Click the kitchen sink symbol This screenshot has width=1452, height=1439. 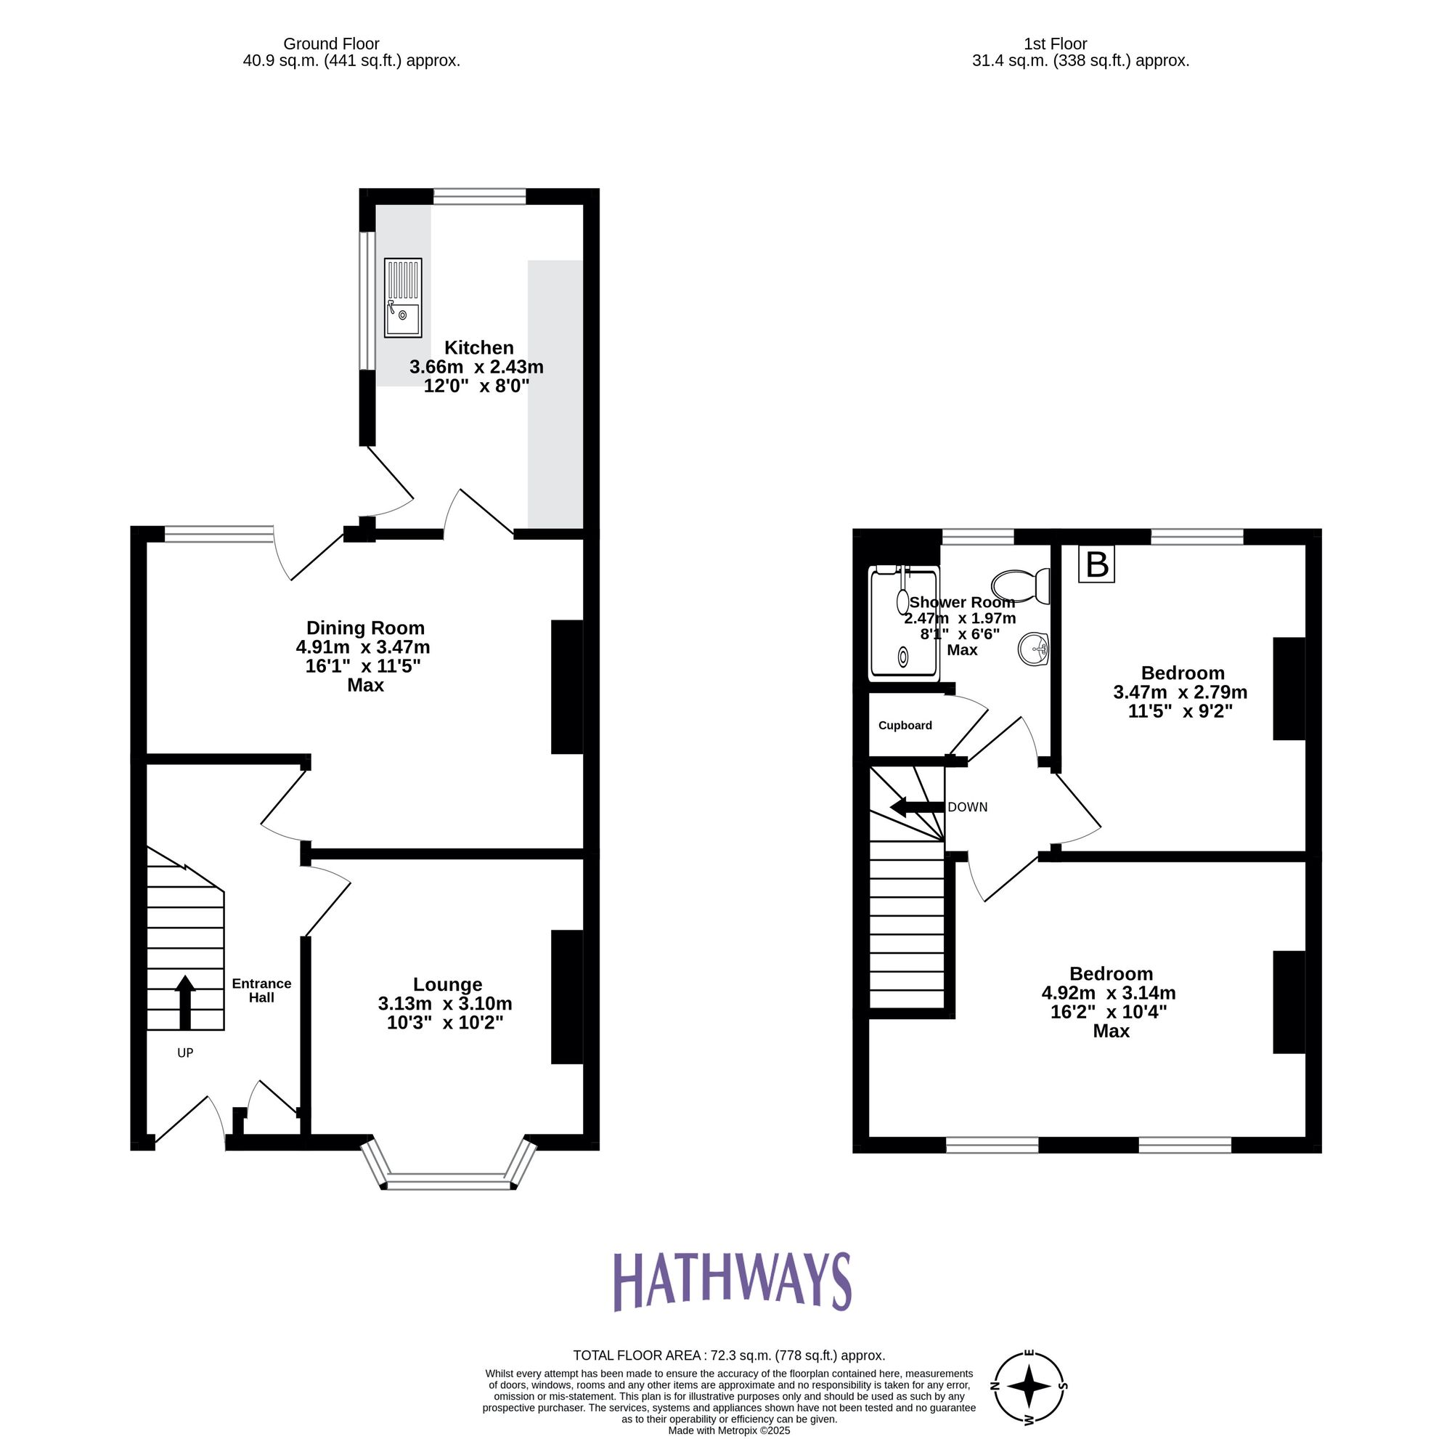pyautogui.click(x=403, y=298)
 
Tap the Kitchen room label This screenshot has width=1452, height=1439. pyautogui.click(x=478, y=347)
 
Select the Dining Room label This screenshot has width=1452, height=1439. pyautogui.click(x=365, y=628)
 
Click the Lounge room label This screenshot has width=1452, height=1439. pyautogui.click(x=447, y=984)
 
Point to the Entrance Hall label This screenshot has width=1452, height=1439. pyautogui.click(x=261, y=990)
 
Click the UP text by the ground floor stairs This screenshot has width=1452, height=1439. pyautogui.click(x=185, y=1053)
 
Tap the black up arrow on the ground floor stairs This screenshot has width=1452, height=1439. pyautogui.click(x=185, y=1002)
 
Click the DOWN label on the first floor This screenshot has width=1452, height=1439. pyautogui.click(x=967, y=808)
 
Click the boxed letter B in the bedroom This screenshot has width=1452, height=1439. pyautogui.click(x=1096, y=564)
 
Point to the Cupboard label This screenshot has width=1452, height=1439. pyautogui.click(x=905, y=726)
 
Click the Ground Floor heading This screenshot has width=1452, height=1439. pyautogui.click(x=332, y=44)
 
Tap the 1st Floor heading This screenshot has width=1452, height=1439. pyautogui.click(x=1055, y=44)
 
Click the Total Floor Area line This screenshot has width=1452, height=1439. pyautogui.click(x=728, y=1355)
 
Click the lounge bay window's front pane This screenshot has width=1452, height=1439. pyautogui.click(x=449, y=1182)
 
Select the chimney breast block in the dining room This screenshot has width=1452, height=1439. pyautogui.click(x=567, y=686)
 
